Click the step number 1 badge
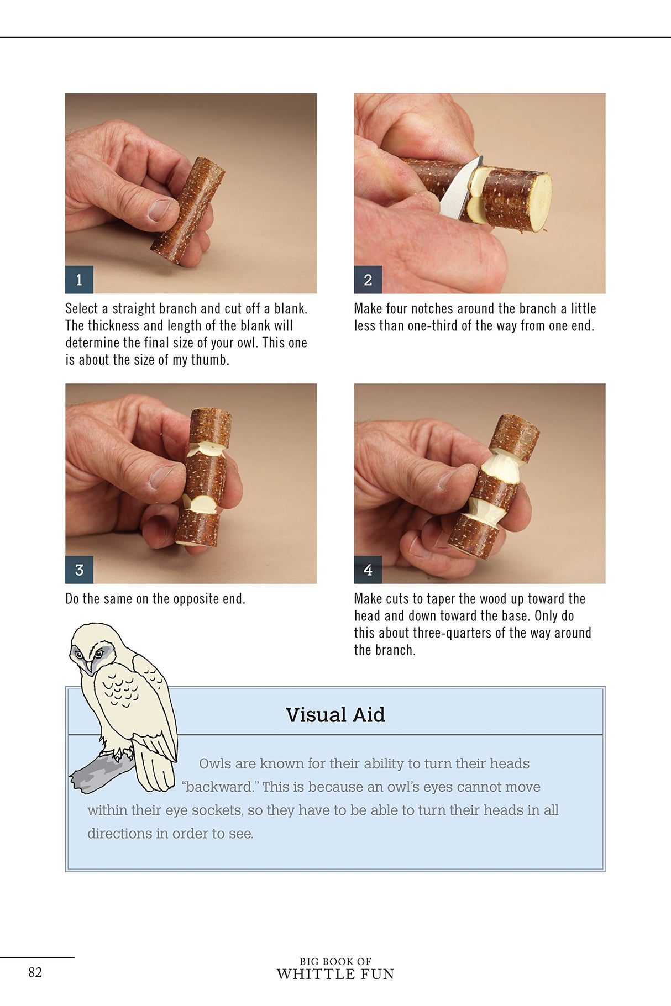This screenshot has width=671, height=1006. (x=79, y=280)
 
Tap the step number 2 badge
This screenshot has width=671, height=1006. (x=368, y=280)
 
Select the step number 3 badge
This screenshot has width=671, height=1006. (x=79, y=570)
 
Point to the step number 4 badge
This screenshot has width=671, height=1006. (x=368, y=570)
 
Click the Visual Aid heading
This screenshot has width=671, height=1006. (x=335, y=714)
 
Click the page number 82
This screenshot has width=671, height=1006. (x=35, y=972)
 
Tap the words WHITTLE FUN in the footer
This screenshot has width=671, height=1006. (x=335, y=974)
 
